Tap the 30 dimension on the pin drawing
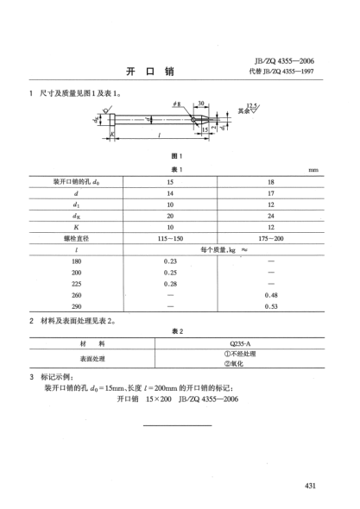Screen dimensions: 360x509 (200, 104)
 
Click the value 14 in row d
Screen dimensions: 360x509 (169, 195)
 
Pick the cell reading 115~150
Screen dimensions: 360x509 (169, 235)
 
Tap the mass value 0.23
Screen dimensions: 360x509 (169, 261)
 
